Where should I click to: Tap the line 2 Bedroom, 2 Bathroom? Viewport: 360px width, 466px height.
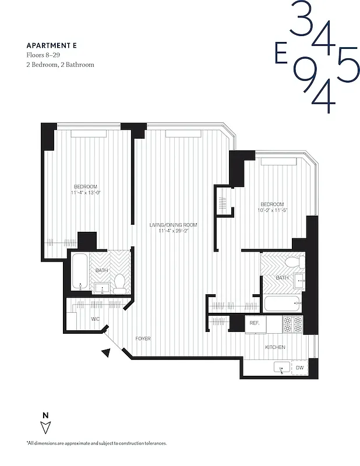[x=60, y=65]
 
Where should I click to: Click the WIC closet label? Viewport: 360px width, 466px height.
[x=96, y=319]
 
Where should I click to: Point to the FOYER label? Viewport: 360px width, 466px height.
[x=143, y=338]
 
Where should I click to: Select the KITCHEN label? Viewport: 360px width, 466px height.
[x=275, y=347]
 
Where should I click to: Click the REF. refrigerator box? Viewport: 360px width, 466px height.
[x=255, y=323]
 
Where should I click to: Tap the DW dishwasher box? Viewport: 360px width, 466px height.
[x=299, y=368]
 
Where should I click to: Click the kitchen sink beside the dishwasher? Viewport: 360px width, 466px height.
[x=282, y=368]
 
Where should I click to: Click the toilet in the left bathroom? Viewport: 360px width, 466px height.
[x=120, y=283]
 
